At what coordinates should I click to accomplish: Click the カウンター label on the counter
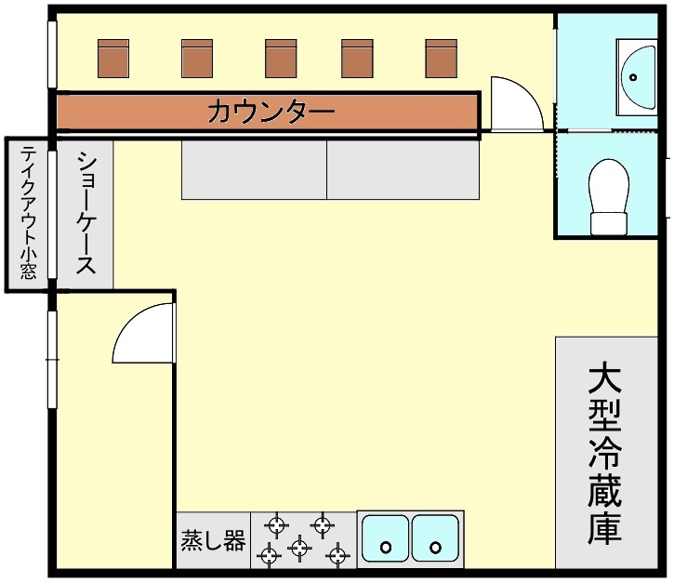tap(271, 113)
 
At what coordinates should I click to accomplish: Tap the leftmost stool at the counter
tap(113, 59)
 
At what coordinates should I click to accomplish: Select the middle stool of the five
tap(281, 59)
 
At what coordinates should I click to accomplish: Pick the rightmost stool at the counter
tap(442, 59)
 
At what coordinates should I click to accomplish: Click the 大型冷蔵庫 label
tap(604, 454)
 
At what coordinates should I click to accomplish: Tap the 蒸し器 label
tap(213, 540)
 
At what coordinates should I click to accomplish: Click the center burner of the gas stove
tap(298, 547)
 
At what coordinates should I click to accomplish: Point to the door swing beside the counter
tap(514, 104)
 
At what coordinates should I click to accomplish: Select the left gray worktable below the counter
tap(253, 169)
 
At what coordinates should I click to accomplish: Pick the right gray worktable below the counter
tap(402, 169)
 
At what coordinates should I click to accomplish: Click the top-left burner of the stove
tap(276, 524)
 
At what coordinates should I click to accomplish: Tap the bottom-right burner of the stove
tap(337, 556)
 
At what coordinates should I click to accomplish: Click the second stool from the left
tap(197, 59)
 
